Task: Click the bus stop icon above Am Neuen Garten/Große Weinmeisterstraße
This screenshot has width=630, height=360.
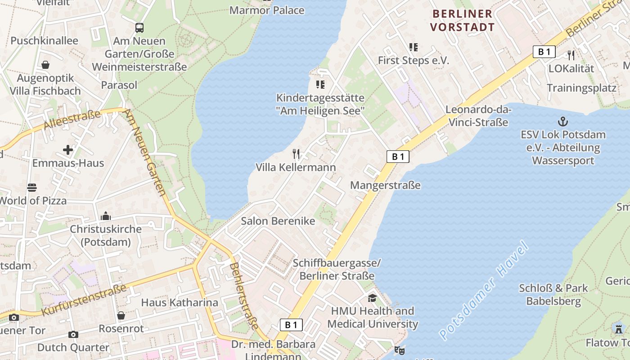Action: click(x=139, y=28)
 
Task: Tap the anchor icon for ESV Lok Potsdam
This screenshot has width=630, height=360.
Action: click(x=562, y=121)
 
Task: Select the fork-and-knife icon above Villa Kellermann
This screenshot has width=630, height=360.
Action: click(x=296, y=154)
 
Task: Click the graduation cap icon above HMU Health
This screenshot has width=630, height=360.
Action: click(x=372, y=298)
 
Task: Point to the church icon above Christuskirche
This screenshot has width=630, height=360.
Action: click(x=106, y=216)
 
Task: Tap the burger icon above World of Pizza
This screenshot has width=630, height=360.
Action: click(x=31, y=187)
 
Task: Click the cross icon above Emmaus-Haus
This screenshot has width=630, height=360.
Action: click(x=68, y=149)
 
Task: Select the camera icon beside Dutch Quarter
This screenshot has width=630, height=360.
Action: click(x=73, y=334)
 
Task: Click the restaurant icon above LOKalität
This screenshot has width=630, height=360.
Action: click(x=571, y=55)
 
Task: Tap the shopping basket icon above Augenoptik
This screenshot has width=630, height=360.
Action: click(x=45, y=65)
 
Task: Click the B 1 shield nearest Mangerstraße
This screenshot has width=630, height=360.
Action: click(x=398, y=157)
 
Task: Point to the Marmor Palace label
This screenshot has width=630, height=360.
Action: click(x=267, y=10)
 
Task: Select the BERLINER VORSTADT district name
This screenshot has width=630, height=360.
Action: click(x=462, y=20)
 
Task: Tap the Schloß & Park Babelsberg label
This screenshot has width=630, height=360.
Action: click(x=553, y=295)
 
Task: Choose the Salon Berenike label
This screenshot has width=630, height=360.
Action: click(x=278, y=221)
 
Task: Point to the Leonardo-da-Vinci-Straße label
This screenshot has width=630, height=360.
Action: click(x=477, y=116)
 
